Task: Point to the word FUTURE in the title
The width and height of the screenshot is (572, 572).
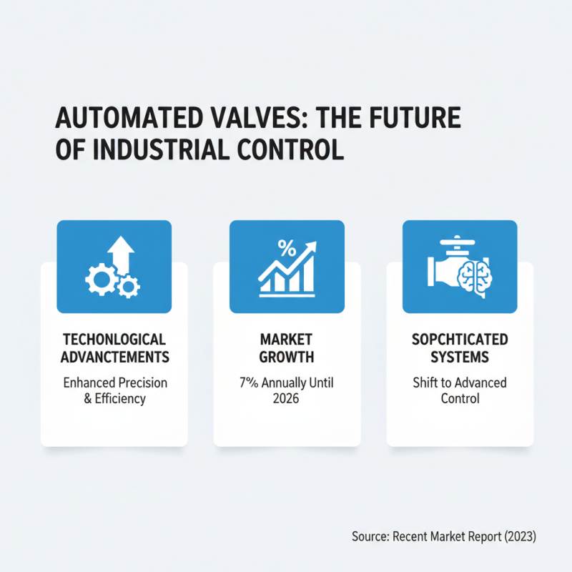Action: tap(418, 117)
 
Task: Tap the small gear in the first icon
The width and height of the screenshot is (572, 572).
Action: tap(129, 287)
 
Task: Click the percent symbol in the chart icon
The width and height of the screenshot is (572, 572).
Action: tap(286, 249)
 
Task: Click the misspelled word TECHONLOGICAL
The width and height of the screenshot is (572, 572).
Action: tap(114, 339)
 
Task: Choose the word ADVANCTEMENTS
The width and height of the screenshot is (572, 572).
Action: tap(114, 356)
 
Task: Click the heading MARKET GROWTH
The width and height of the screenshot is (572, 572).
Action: tap(287, 347)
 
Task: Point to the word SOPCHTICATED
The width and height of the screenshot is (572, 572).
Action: tap(459, 339)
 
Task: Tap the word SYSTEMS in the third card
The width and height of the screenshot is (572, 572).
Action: tap(459, 356)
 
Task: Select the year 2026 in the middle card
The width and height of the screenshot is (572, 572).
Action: tap(287, 398)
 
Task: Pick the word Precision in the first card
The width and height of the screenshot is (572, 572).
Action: tap(142, 383)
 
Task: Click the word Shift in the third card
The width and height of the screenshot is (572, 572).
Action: tap(426, 383)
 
